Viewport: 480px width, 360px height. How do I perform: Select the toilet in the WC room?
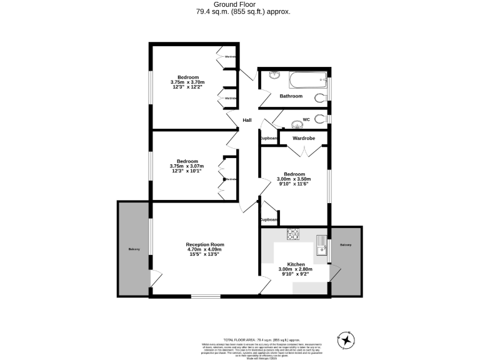[321, 119]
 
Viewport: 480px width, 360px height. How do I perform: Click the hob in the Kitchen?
[293, 234]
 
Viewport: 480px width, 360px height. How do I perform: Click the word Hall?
[247, 120]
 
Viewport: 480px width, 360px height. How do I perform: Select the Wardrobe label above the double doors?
[303, 137]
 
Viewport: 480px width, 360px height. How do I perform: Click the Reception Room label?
[204, 244]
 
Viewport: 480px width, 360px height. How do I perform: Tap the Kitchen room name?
[296, 264]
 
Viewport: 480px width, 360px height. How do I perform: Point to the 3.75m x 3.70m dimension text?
[187, 82]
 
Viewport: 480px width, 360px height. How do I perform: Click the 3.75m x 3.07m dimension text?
[187, 166]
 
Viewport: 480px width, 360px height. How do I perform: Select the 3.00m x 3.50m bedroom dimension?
[294, 179]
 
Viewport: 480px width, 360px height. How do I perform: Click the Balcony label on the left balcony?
[134, 249]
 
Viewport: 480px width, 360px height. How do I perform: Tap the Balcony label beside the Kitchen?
[346, 245]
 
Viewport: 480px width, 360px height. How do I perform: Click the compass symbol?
[346, 339]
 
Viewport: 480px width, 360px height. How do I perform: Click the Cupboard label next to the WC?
[269, 138]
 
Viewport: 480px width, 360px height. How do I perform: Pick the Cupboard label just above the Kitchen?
[269, 219]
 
